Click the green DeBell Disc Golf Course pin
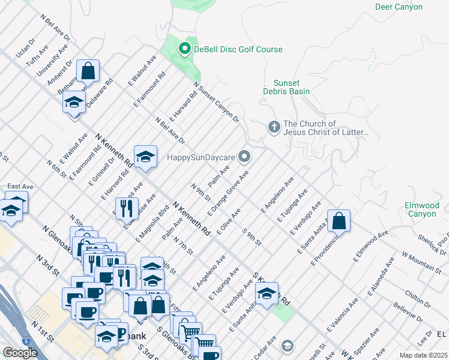click(185, 49)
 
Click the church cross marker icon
click(274, 127)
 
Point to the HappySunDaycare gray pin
click(244, 157)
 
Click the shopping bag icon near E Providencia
click(339, 220)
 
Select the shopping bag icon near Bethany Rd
click(88, 70)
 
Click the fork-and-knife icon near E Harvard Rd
click(126, 208)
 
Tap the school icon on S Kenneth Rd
click(267, 293)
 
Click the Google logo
click(20, 352)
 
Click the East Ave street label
click(20, 187)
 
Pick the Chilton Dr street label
click(415, 295)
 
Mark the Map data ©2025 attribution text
click(424, 355)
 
